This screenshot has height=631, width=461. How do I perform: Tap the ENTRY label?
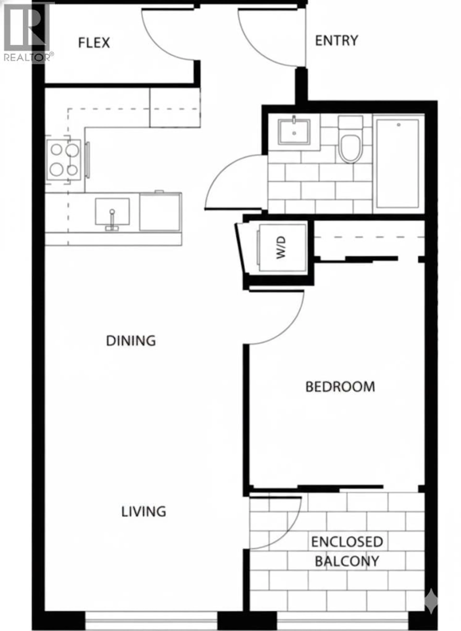(336, 41)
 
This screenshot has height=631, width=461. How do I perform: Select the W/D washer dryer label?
(281, 247)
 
